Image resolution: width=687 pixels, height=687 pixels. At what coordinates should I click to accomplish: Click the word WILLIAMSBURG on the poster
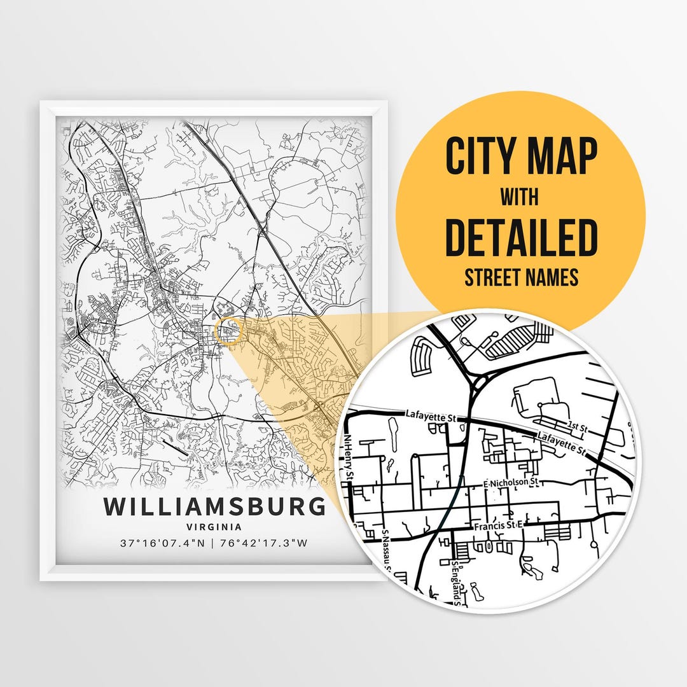(214, 507)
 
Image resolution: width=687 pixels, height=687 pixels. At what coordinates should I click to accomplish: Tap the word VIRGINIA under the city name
(214, 527)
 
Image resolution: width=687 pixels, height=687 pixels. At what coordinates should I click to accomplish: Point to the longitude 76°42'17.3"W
(264, 543)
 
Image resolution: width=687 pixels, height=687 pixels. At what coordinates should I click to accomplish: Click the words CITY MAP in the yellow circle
(521, 156)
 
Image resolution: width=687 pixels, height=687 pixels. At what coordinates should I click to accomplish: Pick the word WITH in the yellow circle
(521, 198)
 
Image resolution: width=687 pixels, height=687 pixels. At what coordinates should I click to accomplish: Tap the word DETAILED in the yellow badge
(521, 237)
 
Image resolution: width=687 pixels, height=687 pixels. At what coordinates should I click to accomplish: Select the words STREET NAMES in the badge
(521, 277)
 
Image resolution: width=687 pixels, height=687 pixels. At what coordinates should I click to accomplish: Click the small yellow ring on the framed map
(228, 332)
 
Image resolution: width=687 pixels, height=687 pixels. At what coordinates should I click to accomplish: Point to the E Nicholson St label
(511, 483)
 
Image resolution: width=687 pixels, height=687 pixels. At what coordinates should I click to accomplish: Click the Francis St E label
(497, 526)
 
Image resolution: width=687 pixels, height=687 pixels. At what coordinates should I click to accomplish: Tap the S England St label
(455, 580)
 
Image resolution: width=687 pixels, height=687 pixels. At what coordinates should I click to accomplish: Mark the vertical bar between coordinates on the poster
(214, 543)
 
